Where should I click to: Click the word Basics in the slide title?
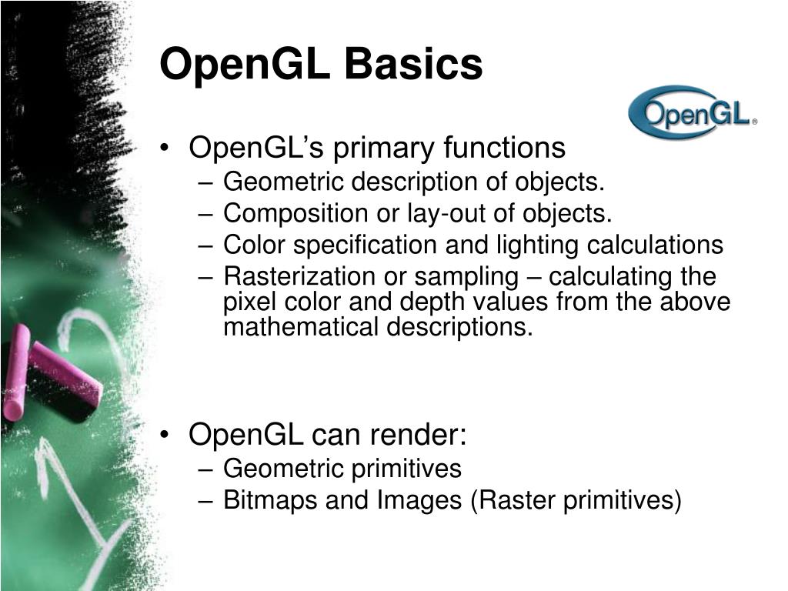(x=414, y=65)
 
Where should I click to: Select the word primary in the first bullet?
(x=389, y=147)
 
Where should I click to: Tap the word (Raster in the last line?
(x=512, y=500)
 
